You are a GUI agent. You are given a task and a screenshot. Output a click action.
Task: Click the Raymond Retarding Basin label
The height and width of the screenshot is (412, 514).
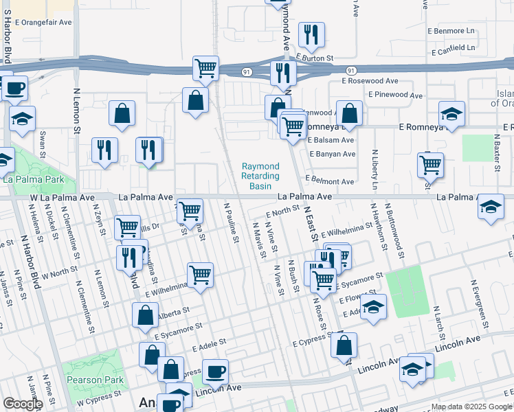coord(260,176)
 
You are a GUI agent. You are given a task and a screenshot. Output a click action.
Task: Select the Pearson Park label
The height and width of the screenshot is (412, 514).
coord(93,379)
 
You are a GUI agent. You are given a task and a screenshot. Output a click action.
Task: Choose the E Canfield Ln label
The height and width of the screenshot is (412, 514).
coord(454,49)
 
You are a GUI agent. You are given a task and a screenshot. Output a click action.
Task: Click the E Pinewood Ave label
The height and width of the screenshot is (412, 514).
coord(395,95)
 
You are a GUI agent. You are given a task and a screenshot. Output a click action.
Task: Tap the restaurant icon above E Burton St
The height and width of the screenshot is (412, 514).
coord(311,34)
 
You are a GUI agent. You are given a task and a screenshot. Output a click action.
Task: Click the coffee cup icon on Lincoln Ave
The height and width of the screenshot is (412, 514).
coord(215,371)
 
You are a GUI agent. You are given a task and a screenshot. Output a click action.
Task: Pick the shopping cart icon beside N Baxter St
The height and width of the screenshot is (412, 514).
coord(430,164)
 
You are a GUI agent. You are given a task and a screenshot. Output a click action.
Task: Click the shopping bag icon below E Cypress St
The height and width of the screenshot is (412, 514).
coord(344,345)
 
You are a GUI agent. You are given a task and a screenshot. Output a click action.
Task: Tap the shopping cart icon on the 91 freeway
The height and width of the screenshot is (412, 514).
coord(205,68)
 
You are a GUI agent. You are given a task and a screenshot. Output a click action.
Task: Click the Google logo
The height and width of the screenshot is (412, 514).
coord(23,404)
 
